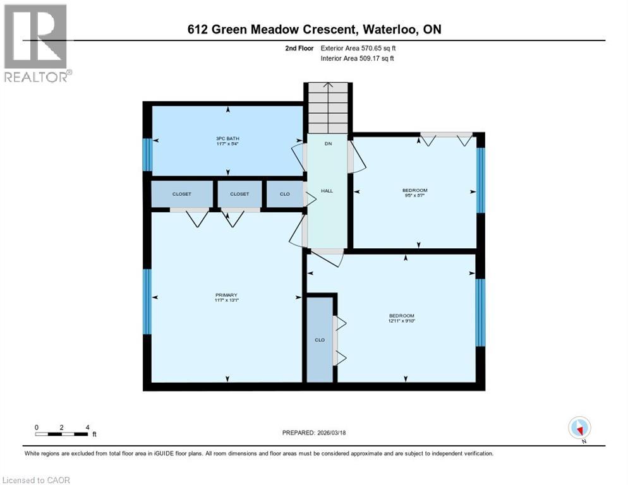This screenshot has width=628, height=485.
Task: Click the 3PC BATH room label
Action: pyautogui.click(x=228, y=138)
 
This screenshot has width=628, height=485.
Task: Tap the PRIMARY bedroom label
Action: pyautogui.click(x=226, y=295)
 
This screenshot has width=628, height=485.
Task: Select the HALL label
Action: pyautogui.click(x=327, y=190)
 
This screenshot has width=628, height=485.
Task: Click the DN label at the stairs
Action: pyautogui.click(x=328, y=144)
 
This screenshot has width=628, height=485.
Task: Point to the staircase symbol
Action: pyautogui.click(x=327, y=108)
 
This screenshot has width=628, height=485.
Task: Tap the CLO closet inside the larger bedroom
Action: pyautogui.click(x=320, y=340)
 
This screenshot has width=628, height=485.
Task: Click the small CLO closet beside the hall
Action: pyautogui.click(x=285, y=194)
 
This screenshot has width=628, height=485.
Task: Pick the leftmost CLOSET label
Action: pyautogui.click(x=182, y=194)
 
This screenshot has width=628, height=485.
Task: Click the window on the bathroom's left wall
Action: pyautogui.click(x=147, y=155)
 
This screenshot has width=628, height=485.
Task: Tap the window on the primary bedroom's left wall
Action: pyautogui.click(x=147, y=301)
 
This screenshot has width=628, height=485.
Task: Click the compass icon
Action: pyautogui.click(x=579, y=428)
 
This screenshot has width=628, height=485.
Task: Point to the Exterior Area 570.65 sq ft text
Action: pyautogui.click(x=358, y=48)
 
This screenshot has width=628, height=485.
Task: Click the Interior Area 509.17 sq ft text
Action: pyautogui.click(x=357, y=59)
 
